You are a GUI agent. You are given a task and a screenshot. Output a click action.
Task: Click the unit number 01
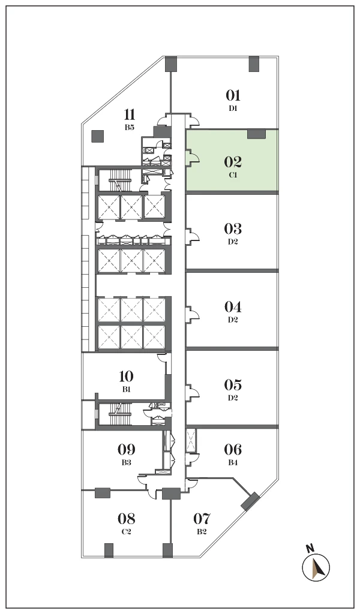pos(233,95)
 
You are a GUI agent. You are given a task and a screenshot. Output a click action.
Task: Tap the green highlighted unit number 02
pos(233,162)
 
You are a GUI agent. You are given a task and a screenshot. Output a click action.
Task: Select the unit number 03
pos(233,228)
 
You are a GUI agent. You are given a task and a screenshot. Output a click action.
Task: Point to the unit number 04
pos(233,306)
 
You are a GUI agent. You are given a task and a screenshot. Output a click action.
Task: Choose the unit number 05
pos(233,384)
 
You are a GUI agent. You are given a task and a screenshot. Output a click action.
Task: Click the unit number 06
pos(233,449)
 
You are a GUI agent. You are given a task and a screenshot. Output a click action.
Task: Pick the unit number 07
pos(202,519)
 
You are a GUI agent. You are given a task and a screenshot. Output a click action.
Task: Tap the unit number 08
pos(126,519)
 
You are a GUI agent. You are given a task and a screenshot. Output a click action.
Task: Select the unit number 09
pos(126,449)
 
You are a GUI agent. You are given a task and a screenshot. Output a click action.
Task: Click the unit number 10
pos(126,377)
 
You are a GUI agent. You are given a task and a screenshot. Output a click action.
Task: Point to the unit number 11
pos(130,115)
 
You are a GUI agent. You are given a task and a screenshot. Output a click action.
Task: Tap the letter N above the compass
pos(311,548)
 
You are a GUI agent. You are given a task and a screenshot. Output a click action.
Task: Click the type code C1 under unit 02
pos(233,175)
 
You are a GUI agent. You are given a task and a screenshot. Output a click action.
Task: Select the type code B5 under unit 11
pos(130,127)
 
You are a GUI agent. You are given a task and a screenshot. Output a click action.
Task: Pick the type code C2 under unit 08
pos(126,532)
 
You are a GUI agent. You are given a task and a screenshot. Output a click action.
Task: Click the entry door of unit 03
pos(193,234)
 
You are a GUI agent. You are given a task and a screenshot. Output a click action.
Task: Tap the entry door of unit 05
pos(193,391)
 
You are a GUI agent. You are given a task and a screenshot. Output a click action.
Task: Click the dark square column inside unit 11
pos(98,136)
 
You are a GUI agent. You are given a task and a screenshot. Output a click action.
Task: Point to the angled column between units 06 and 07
pos(250,502)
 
